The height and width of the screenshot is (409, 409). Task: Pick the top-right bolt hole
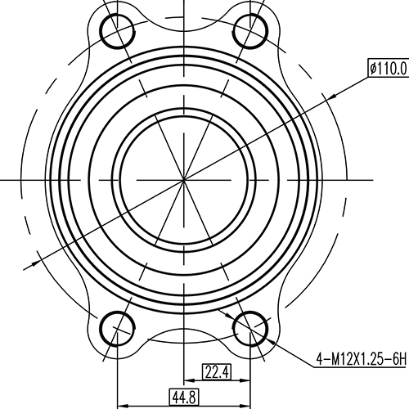252,32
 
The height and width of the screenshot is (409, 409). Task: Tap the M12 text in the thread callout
341,358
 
